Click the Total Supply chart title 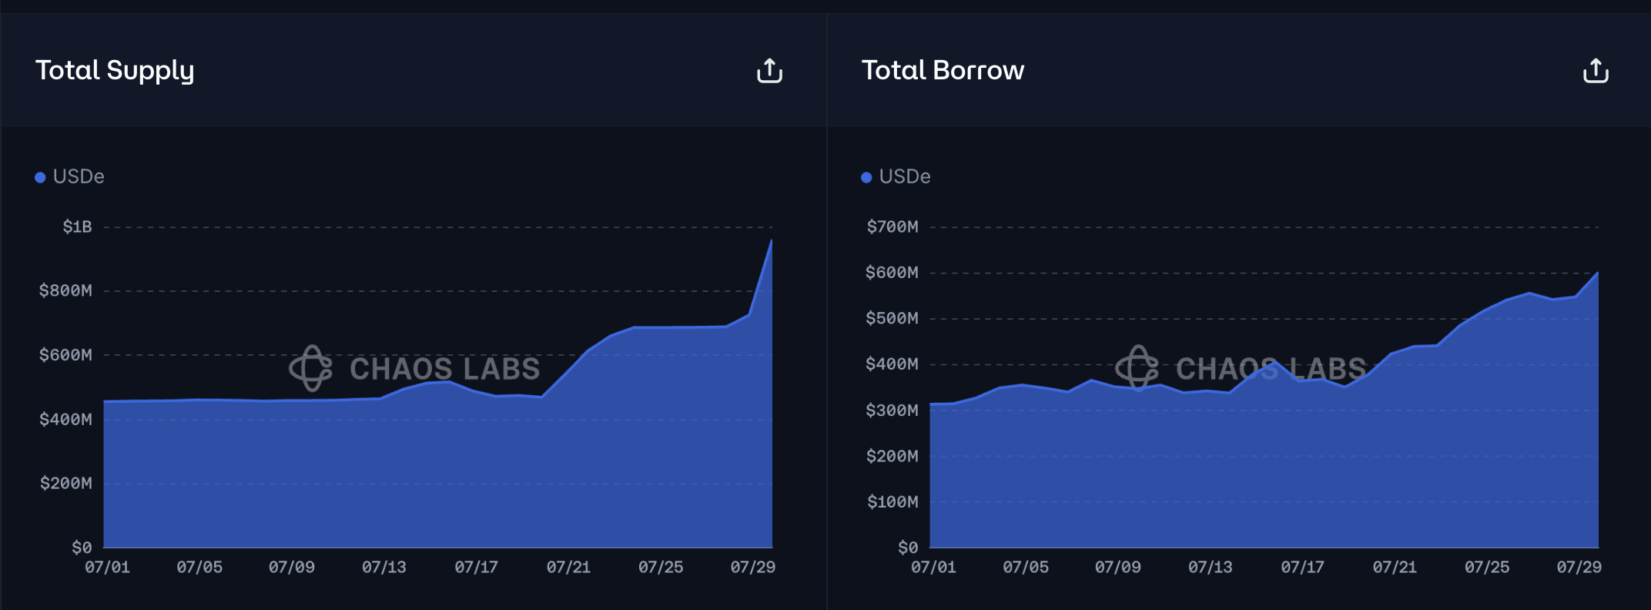pyautogui.click(x=115, y=70)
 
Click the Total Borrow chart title pyautogui.click(x=943, y=70)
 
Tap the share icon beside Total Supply pyautogui.click(x=769, y=71)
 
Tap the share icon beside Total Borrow pyautogui.click(x=1596, y=71)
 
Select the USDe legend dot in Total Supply pyautogui.click(x=40, y=177)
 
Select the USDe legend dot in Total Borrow pyautogui.click(x=866, y=177)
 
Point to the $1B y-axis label pyautogui.click(x=77, y=226)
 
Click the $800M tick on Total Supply pyautogui.click(x=65, y=290)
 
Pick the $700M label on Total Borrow pyautogui.click(x=892, y=226)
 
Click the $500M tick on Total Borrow pyautogui.click(x=892, y=318)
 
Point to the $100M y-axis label pyautogui.click(x=892, y=502)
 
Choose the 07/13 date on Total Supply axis pyautogui.click(x=383, y=568)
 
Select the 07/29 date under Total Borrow pyautogui.click(x=1579, y=568)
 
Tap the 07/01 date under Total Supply pyautogui.click(x=107, y=568)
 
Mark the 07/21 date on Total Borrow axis pyautogui.click(x=1395, y=568)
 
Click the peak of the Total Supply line pyautogui.click(x=771, y=241)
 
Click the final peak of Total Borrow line pyautogui.click(x=1597, y=273)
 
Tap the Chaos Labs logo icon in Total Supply pyautogui.click(x=310, y=368)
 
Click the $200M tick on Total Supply pyautogui.click(x=65, y=484)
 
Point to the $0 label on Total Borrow pyautogui.click(x=908, y=548)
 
